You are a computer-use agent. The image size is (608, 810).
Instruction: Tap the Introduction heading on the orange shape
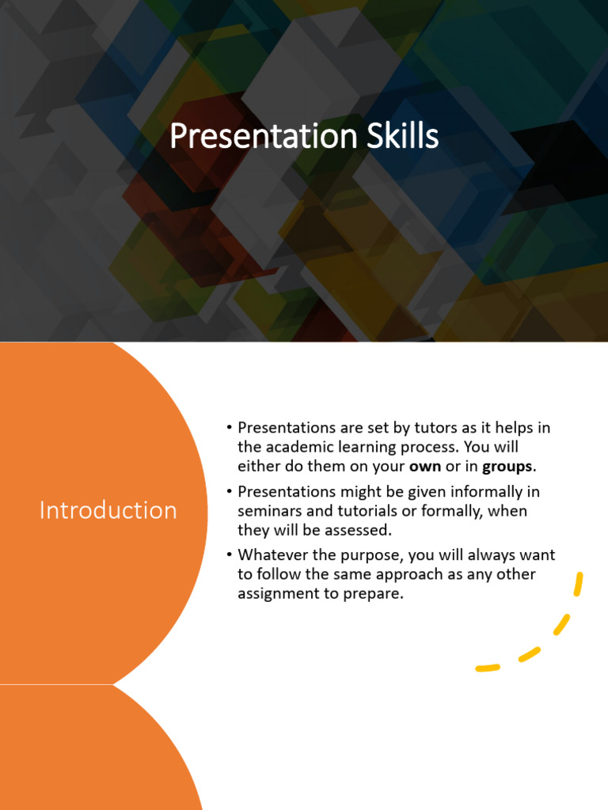tap(108, 510)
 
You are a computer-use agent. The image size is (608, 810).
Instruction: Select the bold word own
tap(424, 466)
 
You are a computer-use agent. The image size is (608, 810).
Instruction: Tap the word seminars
tap(270, 511)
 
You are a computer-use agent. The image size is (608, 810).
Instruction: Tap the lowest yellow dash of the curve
tap(488, 668)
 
